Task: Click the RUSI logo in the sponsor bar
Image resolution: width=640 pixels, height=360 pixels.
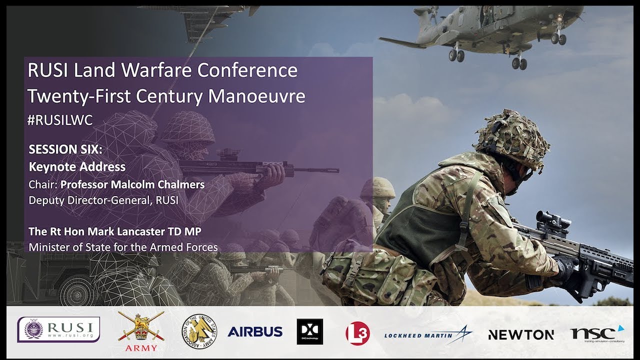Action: click(58, 329)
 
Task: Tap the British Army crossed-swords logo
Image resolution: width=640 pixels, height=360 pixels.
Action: click(141, 330)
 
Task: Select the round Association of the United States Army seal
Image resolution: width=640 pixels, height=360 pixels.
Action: click(198, 330)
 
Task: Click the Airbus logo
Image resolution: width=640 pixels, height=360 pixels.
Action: click(255, 331)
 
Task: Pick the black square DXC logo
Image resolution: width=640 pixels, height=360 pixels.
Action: click(309, 331)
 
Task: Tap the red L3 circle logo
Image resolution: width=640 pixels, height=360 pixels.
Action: click(357, 333)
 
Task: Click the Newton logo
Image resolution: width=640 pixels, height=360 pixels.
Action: click(520, 334)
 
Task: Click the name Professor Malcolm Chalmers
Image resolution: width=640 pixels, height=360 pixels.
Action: click(132, 184)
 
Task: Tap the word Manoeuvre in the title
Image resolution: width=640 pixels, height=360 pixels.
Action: click(256, 95)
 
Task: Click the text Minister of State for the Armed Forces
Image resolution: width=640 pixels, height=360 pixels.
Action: click(123, 247)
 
